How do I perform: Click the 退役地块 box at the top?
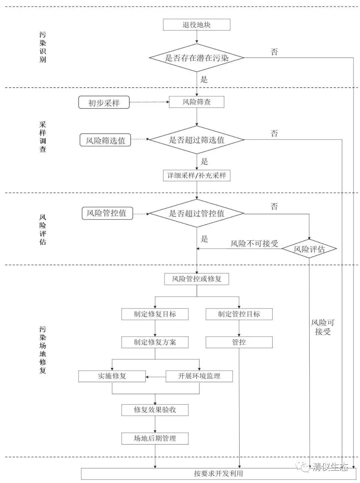point(197,25)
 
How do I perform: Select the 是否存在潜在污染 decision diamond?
point(197,58)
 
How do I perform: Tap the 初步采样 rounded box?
point(104,103)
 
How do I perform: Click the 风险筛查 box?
point(197,102)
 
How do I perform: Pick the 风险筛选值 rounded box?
point(105,140)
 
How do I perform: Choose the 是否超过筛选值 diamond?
point(197,140)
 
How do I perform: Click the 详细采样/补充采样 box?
point(197,176)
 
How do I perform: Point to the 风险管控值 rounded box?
point(107,213)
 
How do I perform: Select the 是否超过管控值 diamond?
point(197,214)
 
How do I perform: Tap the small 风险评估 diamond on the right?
point(309,249)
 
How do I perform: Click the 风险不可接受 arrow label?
point(254,243)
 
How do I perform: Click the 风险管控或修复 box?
point(197,279)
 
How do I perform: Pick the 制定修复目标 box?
point(155,314)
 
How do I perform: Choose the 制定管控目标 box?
point(239,314)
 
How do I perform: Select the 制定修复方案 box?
point(155,342)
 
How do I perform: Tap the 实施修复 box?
point(112,376)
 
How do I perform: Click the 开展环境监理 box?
point(199,376)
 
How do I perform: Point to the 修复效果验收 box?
point(155,410)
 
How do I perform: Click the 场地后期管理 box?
point(155,438)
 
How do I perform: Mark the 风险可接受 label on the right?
point(323,327)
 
